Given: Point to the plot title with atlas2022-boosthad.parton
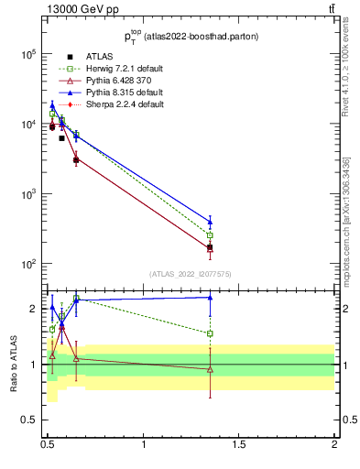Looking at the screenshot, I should click(x=191, y=37).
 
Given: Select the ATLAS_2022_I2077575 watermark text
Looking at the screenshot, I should click(x=191, y=274).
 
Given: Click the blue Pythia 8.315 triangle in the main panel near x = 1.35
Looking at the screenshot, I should click(x=210, y=221).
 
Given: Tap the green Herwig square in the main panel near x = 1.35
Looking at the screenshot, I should click(x=210, y=235).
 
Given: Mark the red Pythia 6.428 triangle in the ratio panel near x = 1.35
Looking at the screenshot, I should click(x=210, y=369).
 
